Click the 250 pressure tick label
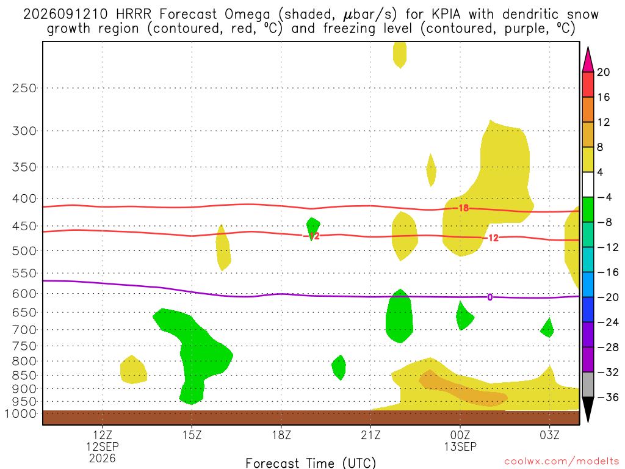[24, 88]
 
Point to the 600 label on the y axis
[24, 294]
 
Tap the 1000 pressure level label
[21, 413]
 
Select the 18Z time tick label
[281, 435]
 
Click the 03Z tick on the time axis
[550, 435]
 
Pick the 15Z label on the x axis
[192, 435]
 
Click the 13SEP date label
[460, 446]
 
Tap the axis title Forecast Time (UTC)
[311, 463]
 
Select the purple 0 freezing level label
[490, 297]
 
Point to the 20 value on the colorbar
[604, 72]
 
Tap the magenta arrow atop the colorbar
[588, 60]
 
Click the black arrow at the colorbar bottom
[588, 409]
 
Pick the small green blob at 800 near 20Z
[339, 367]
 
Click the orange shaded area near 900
[463, 388]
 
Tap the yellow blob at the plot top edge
[400, 54]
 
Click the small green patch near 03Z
[547, 328]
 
